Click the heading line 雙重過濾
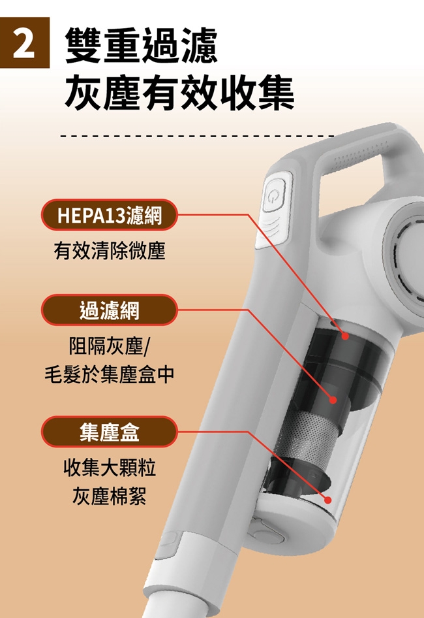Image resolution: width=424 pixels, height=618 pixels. [x=142, y=44]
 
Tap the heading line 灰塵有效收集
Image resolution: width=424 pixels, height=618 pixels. [x=179, y=93]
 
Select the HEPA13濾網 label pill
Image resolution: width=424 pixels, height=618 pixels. [x=109, y=215]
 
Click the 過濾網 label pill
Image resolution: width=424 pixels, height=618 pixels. [x=109, y=310]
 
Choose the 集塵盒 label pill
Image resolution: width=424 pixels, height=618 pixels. [x=109, y=431]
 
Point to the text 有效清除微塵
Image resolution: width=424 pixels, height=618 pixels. [x=109, y=252]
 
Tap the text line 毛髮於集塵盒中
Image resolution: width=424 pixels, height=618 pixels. [x=109, y=374]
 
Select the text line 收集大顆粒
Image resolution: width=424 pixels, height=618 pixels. [x=109, y=468]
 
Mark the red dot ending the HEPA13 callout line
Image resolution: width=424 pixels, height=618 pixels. [x=345, y=336]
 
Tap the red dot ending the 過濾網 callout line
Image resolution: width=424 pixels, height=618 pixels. [x=332, y=399]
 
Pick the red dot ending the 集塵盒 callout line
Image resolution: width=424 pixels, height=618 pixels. [x=327, y=500]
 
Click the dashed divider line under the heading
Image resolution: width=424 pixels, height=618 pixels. [x=196, y=136]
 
